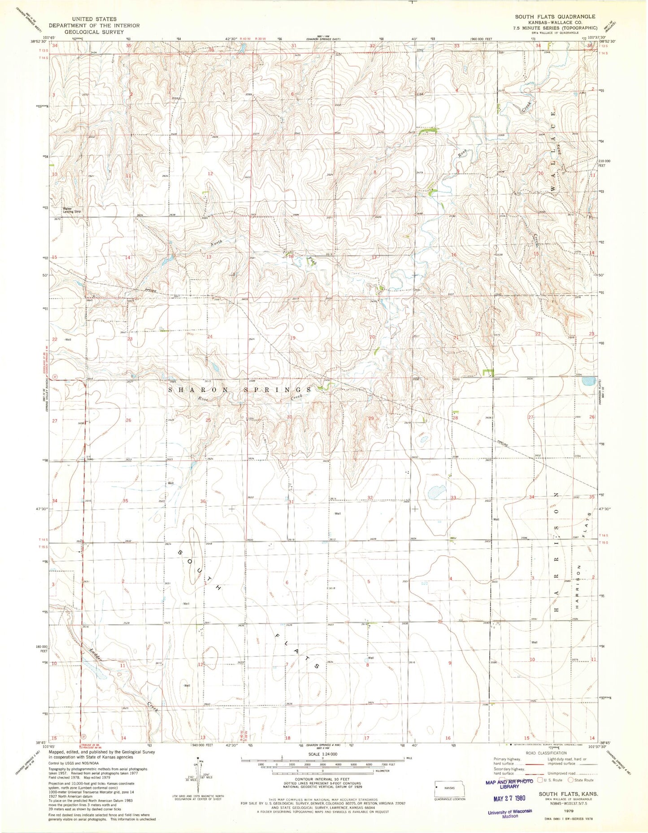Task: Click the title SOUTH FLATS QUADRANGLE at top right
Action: pyautogui.click(x=555, y=17)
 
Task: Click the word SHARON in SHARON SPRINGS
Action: pyautogui.click(x=190, y=390)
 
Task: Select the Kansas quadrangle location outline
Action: pyautogui.click(x=450, y=787)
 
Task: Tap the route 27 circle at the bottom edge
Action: pyautogui.click(x=83, y=736)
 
